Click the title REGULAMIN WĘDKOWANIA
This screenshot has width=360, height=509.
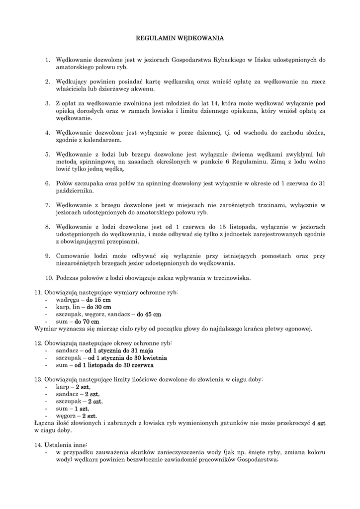180,37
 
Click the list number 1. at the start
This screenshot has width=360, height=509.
48,60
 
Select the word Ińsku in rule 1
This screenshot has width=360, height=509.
265,60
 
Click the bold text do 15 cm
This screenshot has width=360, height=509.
98,300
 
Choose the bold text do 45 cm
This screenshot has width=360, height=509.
149,314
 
